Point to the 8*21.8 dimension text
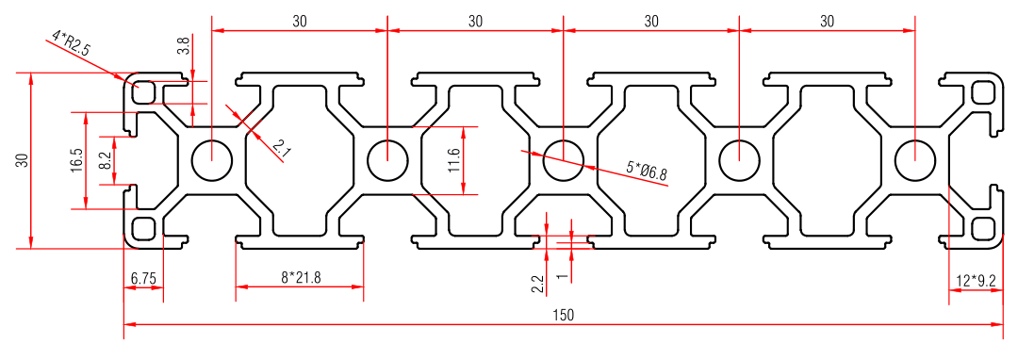click(301, 278)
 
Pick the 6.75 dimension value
click(143, 278)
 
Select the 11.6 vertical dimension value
click(452, 160)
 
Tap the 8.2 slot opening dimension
click(105, 161)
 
